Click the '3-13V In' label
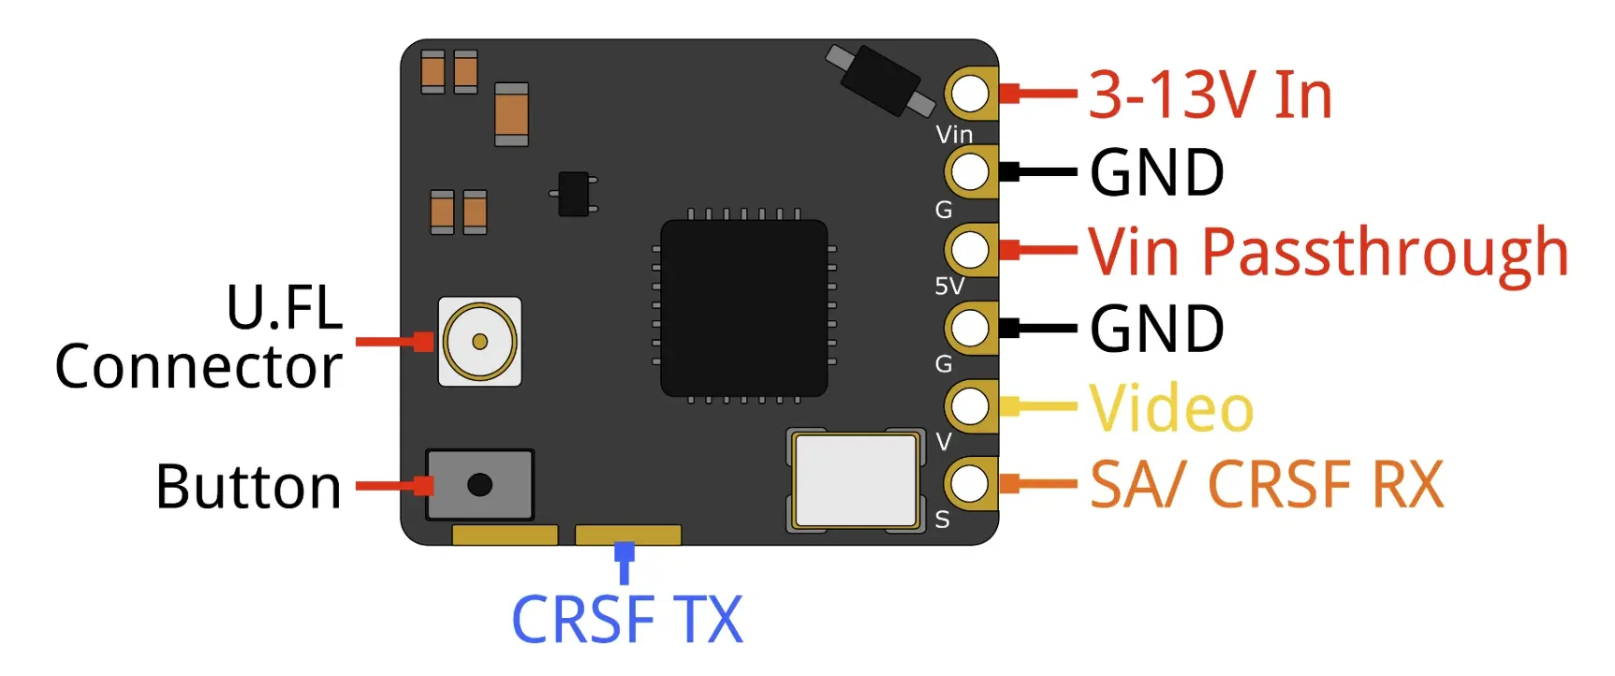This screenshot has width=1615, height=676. click(x=1210, y=96)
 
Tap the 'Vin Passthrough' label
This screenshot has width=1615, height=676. click(x=1328, y=253)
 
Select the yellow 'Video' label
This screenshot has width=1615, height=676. click(x=1171, y=409)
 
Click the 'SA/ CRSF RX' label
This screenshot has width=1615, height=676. click(x=1267, y=485)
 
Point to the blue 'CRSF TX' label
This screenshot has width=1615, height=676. click(x=626, y=620)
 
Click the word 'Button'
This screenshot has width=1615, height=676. click(x=248, y=487)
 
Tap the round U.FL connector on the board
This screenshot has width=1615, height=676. click(x=479, y=341)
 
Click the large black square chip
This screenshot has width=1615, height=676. click(x=743, y=307)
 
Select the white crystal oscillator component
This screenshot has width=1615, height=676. click(x=854, y=480)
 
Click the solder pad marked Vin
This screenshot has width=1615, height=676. click(x=971, y=94)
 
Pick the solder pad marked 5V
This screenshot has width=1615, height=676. click(x=971, y=250)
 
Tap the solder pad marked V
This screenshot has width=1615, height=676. click(x=971, y=406)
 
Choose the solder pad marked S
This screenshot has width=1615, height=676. click(x=971, y=483)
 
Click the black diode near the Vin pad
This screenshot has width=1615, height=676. click(x=879, y=81)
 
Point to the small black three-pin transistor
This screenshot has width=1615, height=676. click(x=573, y=194)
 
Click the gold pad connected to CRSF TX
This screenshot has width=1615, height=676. click(x=627, y=535)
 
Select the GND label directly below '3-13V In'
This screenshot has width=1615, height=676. click(x=1157, y=173)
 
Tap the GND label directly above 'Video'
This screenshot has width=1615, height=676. click(x=1157, y=330)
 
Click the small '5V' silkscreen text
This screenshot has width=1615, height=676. click(x=948, y=287)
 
